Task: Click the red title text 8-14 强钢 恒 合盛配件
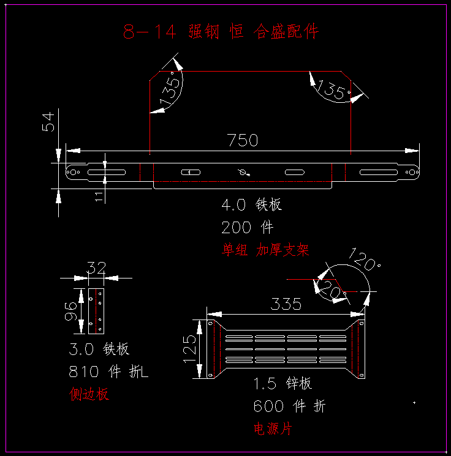(221, 32)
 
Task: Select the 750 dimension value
(243, 140)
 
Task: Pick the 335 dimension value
(287, 304)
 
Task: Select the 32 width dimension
(96, 267)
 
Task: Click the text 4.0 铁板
(251, 204)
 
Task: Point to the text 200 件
(247, 228)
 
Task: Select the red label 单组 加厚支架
(265, 250)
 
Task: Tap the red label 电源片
(273, 428)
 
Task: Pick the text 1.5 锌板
(282, 384)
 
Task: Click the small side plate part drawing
(95, 312)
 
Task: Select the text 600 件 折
(289, 406)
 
